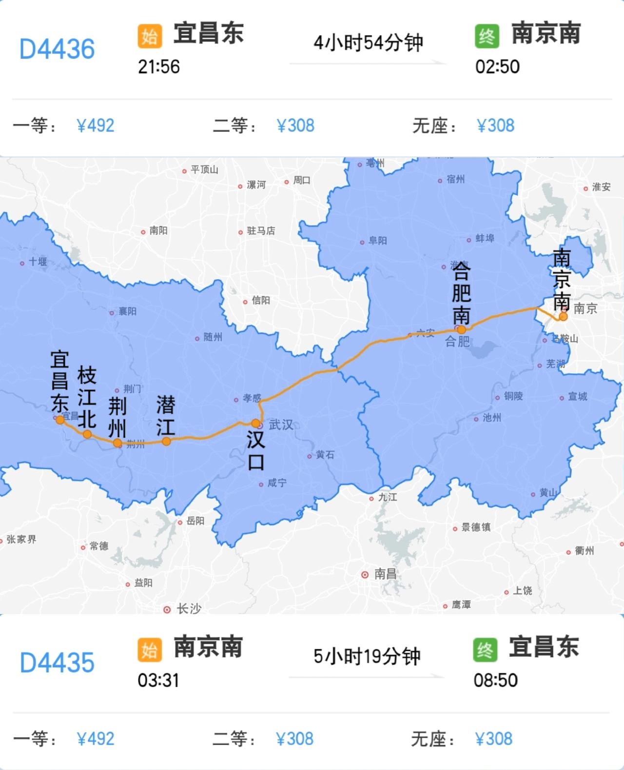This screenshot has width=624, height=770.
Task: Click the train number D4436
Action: coord(57,49)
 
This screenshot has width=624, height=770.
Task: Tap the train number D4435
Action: coord(57,663)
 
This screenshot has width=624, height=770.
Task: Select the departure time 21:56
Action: coord(159,67)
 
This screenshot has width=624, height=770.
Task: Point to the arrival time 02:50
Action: coord(497,67)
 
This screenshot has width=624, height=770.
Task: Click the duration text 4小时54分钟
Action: coord(368,43)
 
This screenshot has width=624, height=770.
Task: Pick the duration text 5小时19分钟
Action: coord(367,656)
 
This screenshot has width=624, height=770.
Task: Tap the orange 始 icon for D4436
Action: coord(150,37)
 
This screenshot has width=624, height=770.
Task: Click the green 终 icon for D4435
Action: coord(485,650)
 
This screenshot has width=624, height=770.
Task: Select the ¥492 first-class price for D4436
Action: coord(96,126)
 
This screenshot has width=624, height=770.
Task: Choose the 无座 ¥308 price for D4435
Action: coord(494,739)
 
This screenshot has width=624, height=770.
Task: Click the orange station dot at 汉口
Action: coord(256,423)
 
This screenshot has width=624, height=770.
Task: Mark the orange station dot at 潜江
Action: coord(166,441)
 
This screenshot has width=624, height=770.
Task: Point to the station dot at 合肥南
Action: coord(461,329)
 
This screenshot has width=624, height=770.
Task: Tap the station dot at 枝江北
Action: coord(87,434)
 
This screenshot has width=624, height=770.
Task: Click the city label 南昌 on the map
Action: coord(385,574)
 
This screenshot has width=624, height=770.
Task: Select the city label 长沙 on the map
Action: coord(189,608)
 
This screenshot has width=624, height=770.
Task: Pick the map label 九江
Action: coord(388,497)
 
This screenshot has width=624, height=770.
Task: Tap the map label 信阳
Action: coord(261,301)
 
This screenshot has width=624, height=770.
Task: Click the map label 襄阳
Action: coord(128,311)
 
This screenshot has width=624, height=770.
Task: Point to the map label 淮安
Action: coord(601,187)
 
